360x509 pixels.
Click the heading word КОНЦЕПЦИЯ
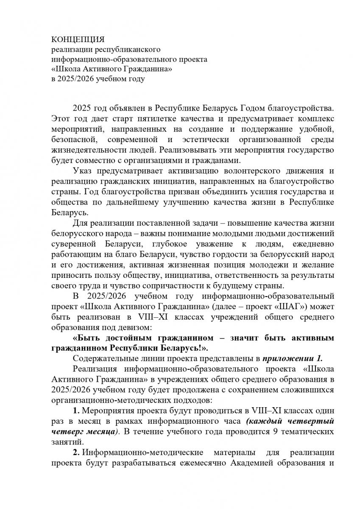pos(78,40)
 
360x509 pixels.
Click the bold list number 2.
pos(75,452)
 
